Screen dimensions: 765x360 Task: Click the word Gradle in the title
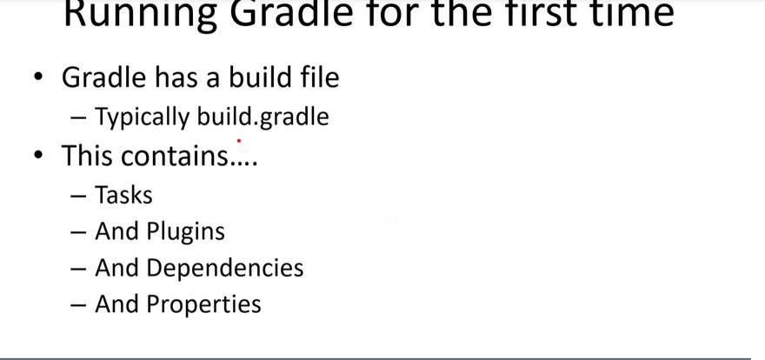coord(291,14)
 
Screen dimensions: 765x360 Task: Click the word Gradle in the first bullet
coord(103,77)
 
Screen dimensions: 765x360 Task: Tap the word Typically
coord(142,118)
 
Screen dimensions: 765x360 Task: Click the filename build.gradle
coord(263,118)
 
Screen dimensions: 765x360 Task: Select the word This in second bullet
coord(87,156)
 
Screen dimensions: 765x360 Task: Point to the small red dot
coord(239,141)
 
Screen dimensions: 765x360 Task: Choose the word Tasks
coord(123,195)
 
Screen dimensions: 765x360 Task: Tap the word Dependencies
coord(225,268)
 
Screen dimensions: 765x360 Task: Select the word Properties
coord(203,304)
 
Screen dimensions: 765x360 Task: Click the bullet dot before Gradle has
coord(38,77)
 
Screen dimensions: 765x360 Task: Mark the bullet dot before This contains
coord(38,155)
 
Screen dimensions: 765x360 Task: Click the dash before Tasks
coord(78,197)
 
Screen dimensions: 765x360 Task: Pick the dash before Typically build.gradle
coord(78,118)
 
